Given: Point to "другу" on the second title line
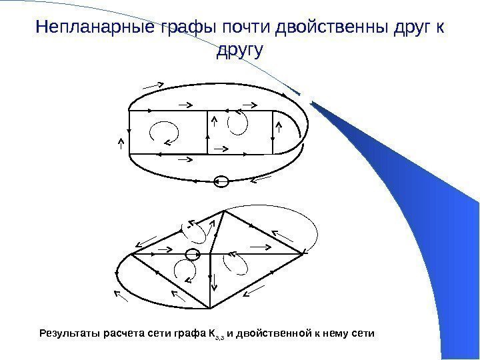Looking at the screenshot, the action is (240, 51).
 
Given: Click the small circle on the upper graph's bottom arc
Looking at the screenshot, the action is (223, 181).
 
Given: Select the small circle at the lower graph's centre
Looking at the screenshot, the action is (193, 254).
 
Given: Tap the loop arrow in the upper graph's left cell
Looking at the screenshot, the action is (164, 131).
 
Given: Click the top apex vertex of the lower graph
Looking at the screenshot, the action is (225, 211).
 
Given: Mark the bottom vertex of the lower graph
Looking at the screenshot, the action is (211, 309).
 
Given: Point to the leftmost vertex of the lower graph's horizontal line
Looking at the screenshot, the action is (132, 254).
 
